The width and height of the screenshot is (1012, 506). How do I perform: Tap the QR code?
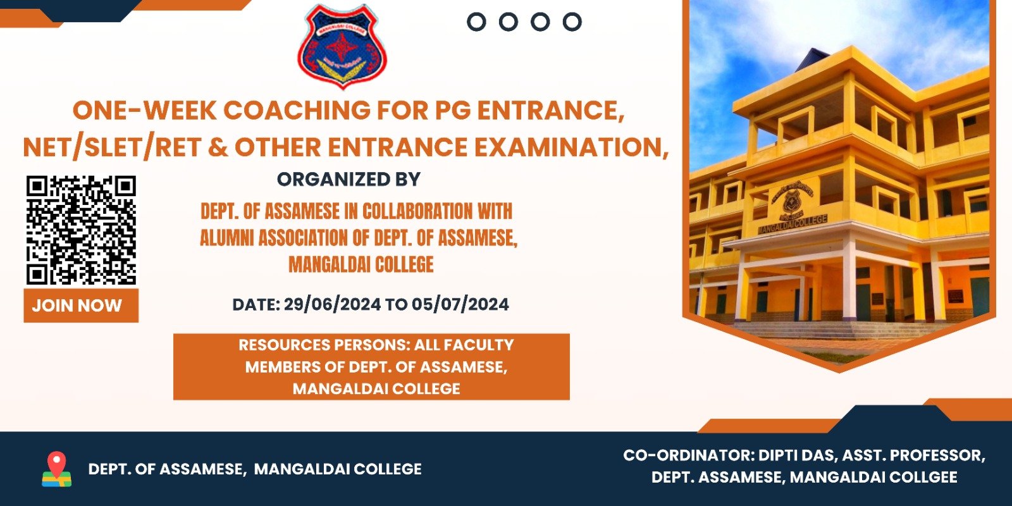(81, 230)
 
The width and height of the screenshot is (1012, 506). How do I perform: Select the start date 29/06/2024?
(332, 304)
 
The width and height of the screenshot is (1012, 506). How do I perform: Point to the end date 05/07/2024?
(460, 304)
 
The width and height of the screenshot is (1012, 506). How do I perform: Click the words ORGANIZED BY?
(349, 180)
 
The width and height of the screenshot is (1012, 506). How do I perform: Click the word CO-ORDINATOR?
(689, 455)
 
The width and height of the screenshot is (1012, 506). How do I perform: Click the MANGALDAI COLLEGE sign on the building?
(793, 225)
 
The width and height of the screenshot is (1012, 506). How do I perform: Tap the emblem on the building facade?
(792, 200)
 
